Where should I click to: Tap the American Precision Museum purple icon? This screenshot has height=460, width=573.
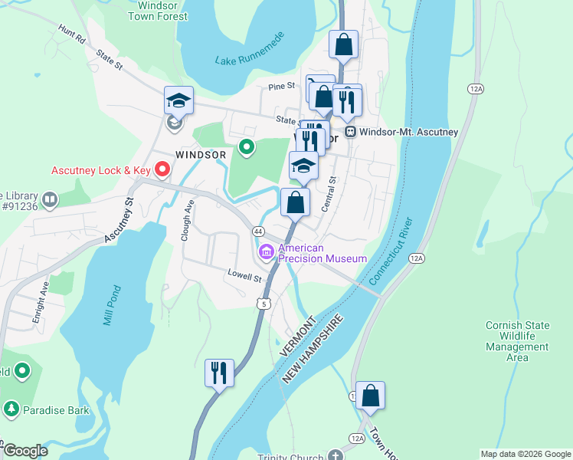267,251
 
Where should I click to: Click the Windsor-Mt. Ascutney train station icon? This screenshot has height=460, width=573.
351,132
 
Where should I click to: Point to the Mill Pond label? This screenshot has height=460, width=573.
113,305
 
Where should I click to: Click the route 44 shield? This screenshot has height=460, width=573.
258,232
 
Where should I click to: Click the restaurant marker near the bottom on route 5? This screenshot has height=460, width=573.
219,373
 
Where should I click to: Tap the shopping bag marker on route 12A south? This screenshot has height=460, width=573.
370,396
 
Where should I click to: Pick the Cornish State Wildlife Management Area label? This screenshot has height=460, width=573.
517,341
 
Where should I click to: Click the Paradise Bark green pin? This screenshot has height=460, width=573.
11,408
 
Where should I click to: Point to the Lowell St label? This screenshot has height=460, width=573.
244,274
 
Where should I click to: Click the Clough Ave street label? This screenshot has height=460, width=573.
186,221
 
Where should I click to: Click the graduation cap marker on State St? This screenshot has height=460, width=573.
178,100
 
